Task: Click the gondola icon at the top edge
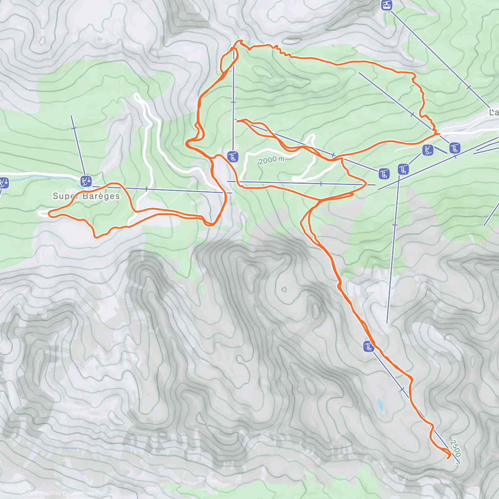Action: click(x=387, y=5)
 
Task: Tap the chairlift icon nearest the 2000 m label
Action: click(x=233, y=156)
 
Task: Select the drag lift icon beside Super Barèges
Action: click(x=86, y=181)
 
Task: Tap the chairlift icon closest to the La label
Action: click(x=455, y=148)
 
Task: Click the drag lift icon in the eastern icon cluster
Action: click(x=427, y=150)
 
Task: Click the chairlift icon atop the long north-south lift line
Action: click(x=403, y=169)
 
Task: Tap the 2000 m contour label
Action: click(x=271, y=160)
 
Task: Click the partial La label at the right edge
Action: click(x=494, y=113)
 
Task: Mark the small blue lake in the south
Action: click(x=380, y=405)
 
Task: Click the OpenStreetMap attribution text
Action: click(x=87, y=494)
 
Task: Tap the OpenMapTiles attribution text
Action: click(x=44, y=494)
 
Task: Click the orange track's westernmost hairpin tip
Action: click(x=49, y=213)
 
